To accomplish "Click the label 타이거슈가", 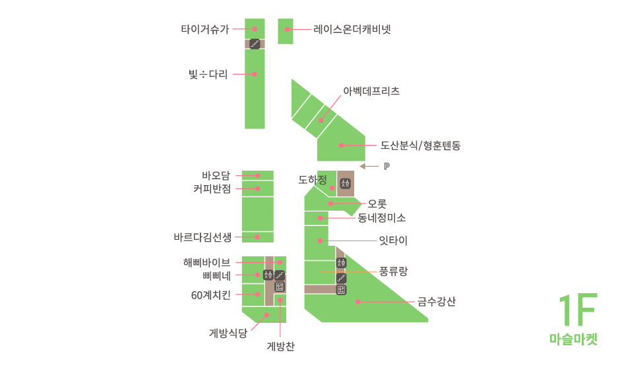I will coord(205,29).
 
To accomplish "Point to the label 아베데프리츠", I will coord(371,92).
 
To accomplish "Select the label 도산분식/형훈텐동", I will coord(420,146).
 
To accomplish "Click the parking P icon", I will coord(387,167).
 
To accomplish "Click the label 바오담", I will coord(216,175).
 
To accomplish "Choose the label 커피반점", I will coord(212,189).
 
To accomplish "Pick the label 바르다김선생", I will coord(202,237).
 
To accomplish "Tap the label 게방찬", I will coord(280,345).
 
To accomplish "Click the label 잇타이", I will coord(393,241).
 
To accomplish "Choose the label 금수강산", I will coord(436,302).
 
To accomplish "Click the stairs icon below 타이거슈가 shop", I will coord(255,44).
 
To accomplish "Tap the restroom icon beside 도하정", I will coord(345,184).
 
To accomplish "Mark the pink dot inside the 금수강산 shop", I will coord(357,302).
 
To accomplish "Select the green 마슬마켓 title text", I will coord(573,339).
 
